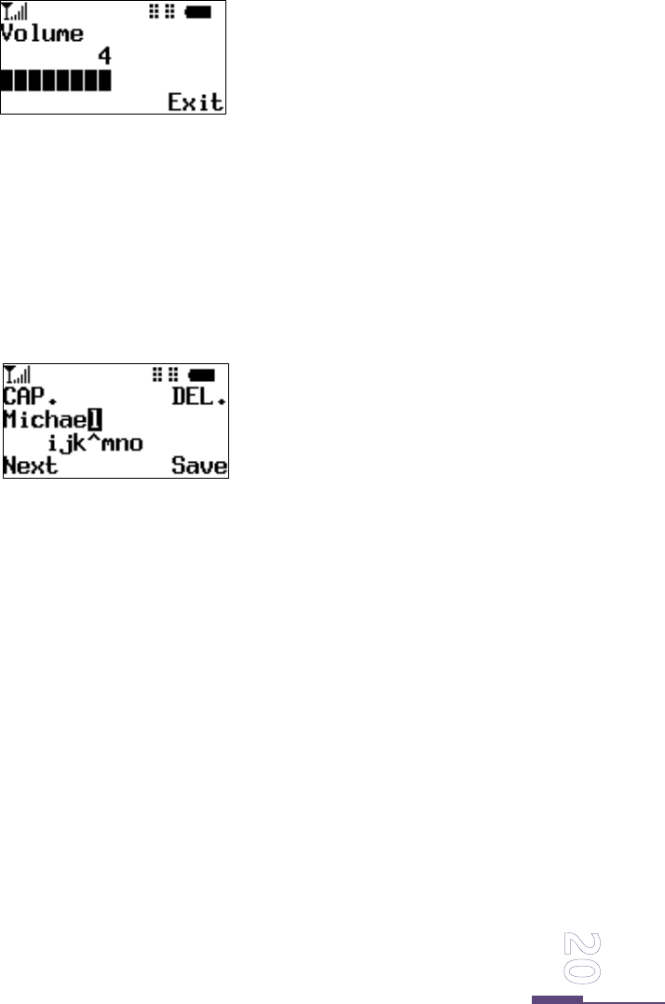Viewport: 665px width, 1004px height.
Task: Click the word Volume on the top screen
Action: pyautogui.click(x=43, y=35)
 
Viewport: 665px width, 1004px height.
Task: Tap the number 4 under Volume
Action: pyautogui.click(x=104, y=58)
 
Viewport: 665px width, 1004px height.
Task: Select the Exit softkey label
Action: pyautogui.click(x=195, y=101)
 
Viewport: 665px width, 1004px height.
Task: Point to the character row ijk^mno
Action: pyautogui.click(x=96, y=443)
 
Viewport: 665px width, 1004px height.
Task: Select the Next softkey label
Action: pyautogui.click(x=30, y=466)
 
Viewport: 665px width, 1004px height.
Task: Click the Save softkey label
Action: pyautogui.click(x=198, y=466)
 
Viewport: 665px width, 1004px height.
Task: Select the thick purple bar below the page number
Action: pyautogui.click(x=557, y=1000)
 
